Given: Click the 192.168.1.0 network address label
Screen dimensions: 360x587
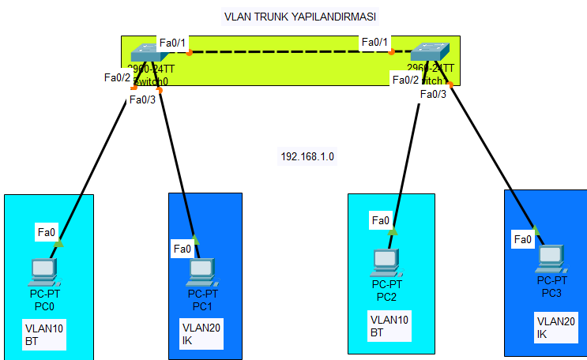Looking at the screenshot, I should click(307, 156).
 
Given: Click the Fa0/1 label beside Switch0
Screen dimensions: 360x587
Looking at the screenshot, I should click(173, 42).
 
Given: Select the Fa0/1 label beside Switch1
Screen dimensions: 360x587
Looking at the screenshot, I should click(375, 42).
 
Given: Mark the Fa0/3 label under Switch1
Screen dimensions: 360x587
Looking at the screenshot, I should click(433, 94).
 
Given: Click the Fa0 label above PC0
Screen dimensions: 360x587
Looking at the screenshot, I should click(47, 232).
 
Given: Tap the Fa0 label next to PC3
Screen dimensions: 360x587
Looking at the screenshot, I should click(523, 239).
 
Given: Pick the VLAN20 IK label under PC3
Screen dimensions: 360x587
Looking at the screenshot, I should click(553, 327).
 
